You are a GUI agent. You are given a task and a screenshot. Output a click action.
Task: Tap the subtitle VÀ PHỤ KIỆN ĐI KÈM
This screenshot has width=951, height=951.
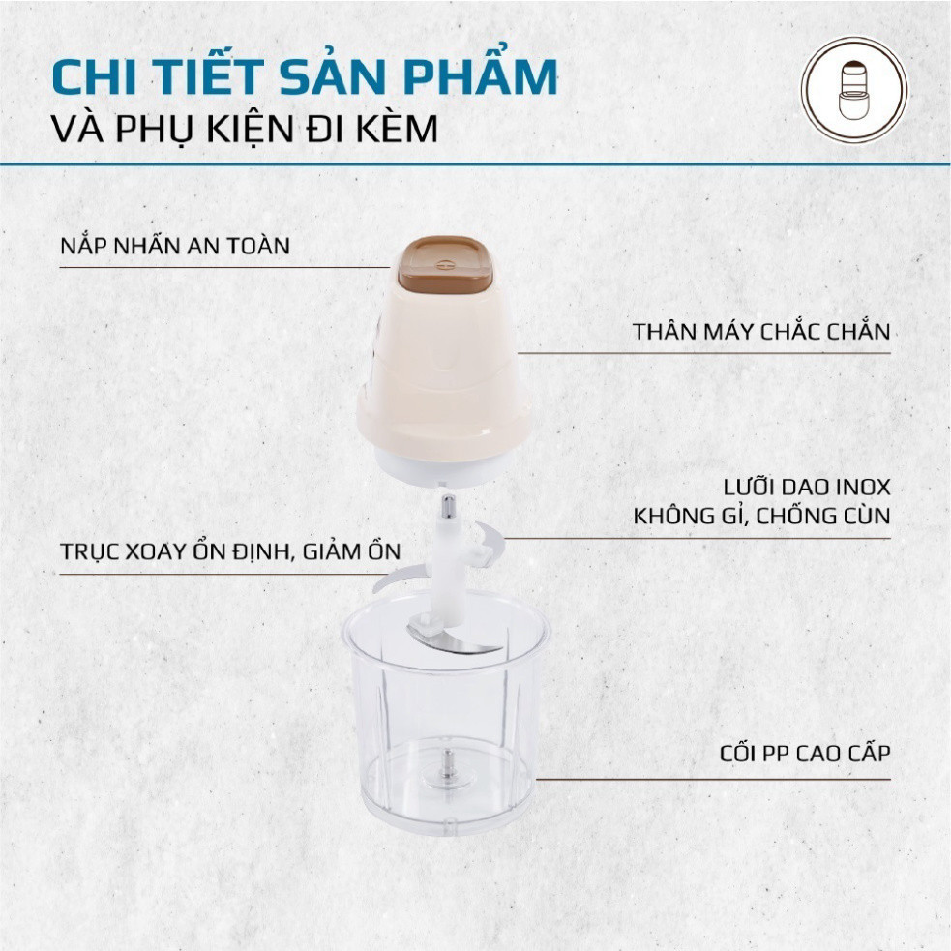click(245, 129)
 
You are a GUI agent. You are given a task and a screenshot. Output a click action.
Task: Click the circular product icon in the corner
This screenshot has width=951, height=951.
click(854, 90)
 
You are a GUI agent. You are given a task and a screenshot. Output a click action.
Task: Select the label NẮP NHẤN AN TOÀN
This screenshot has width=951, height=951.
click(175, 246)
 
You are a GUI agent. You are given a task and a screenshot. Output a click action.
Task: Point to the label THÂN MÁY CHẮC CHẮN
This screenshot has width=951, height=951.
click(761, 331)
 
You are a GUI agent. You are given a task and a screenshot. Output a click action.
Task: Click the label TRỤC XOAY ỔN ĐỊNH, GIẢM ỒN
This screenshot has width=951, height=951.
click(230, 551)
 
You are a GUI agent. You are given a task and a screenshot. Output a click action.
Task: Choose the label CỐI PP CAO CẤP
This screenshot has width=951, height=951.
click(805, 754)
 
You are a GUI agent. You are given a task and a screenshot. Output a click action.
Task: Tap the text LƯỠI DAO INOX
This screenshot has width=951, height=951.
click(807, 487)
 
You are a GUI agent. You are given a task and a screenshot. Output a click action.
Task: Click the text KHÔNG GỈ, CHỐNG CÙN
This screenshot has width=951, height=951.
click(761, 517)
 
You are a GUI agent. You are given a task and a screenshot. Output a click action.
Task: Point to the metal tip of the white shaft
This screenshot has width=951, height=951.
click(447, 506)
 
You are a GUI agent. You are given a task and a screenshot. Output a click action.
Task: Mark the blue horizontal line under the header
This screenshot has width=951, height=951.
click(476, 164)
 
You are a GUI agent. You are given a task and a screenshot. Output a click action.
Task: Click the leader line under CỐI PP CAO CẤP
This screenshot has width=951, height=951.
click(713, 780)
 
